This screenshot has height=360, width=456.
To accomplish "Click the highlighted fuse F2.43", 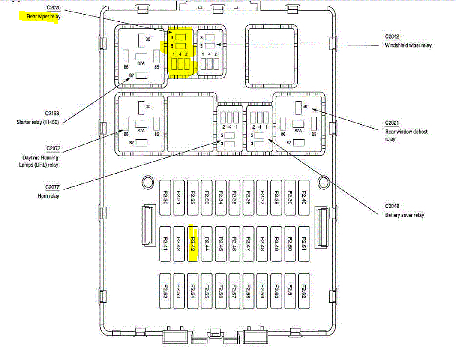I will pos(193,242).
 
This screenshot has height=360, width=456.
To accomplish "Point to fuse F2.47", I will pos(248,242).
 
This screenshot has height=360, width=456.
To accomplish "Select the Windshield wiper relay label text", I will pos(408,45).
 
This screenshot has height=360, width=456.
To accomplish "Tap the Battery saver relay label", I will pos(405,215).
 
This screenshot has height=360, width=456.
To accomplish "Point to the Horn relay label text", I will pos(48,196).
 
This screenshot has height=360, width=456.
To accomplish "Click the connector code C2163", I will pos(52,114).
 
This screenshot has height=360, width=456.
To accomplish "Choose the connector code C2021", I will pos(392,123).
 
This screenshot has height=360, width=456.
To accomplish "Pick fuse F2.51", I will pos(304,242).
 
